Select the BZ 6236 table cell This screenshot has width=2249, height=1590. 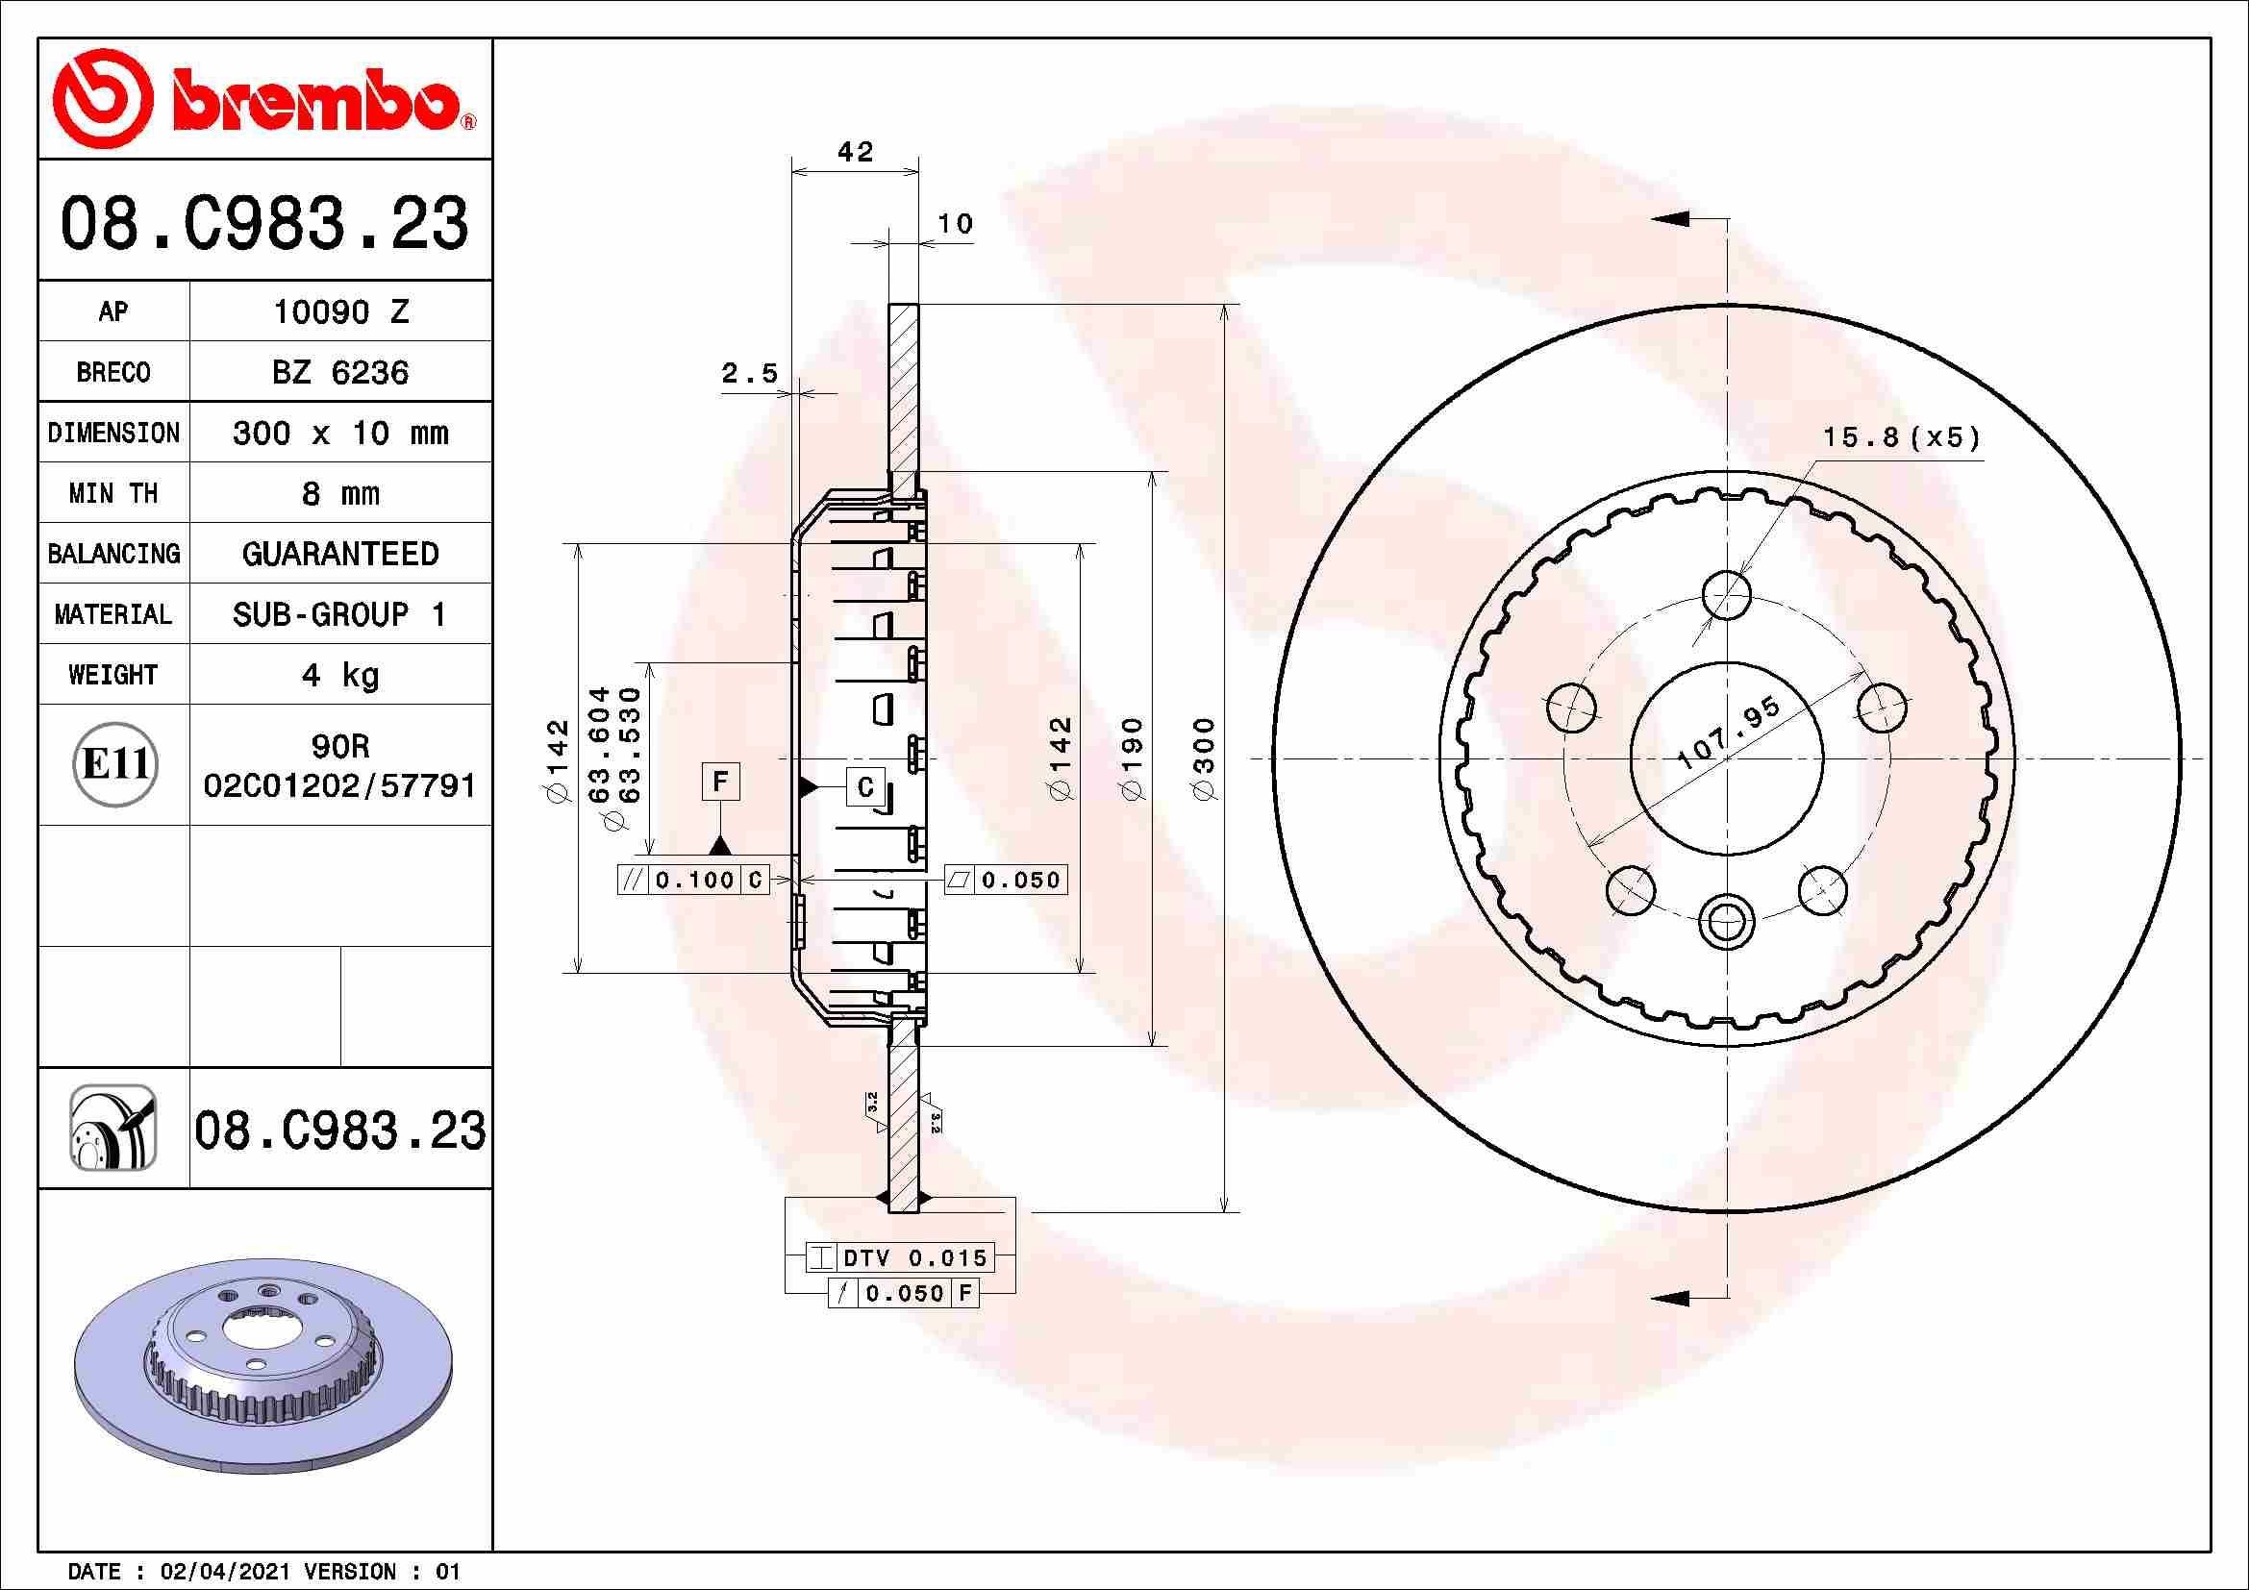(339, 372)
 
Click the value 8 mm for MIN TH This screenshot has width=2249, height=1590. (339, 493)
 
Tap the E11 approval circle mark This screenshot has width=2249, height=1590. (114, 763)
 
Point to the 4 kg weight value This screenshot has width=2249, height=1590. (339, 675)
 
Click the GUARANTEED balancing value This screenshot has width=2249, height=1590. (339, 554)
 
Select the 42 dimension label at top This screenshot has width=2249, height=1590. (854, 152)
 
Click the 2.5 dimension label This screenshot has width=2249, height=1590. (749, 373)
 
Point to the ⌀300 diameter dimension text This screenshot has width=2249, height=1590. (1205, 758)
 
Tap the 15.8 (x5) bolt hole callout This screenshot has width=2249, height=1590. (1900, 436)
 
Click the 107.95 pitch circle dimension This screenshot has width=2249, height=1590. (1728, 734)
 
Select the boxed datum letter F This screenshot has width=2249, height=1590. (720, 782)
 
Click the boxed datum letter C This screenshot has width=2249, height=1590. (866, 787)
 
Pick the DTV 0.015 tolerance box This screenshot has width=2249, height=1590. (899, 1258)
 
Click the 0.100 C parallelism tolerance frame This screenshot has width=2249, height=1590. (693, 881)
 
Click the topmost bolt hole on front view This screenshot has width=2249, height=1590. (1726, 593)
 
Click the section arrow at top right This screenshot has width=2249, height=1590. (1672, 219)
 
